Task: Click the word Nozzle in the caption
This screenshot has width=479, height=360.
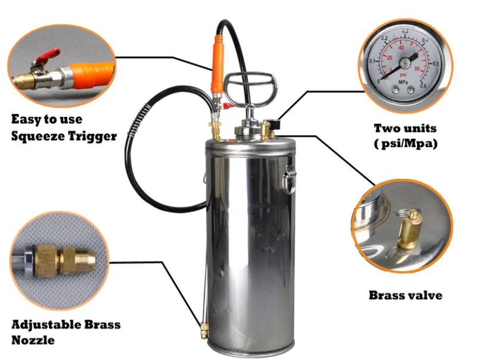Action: (x=33, y=340)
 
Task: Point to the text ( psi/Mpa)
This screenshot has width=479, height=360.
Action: (x=405, y=144)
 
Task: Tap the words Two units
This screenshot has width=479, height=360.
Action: (x=405, y=128)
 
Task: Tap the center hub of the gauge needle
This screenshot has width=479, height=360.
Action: (x=405, y=61)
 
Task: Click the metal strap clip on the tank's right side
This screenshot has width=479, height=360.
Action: (x=290, y=175)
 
